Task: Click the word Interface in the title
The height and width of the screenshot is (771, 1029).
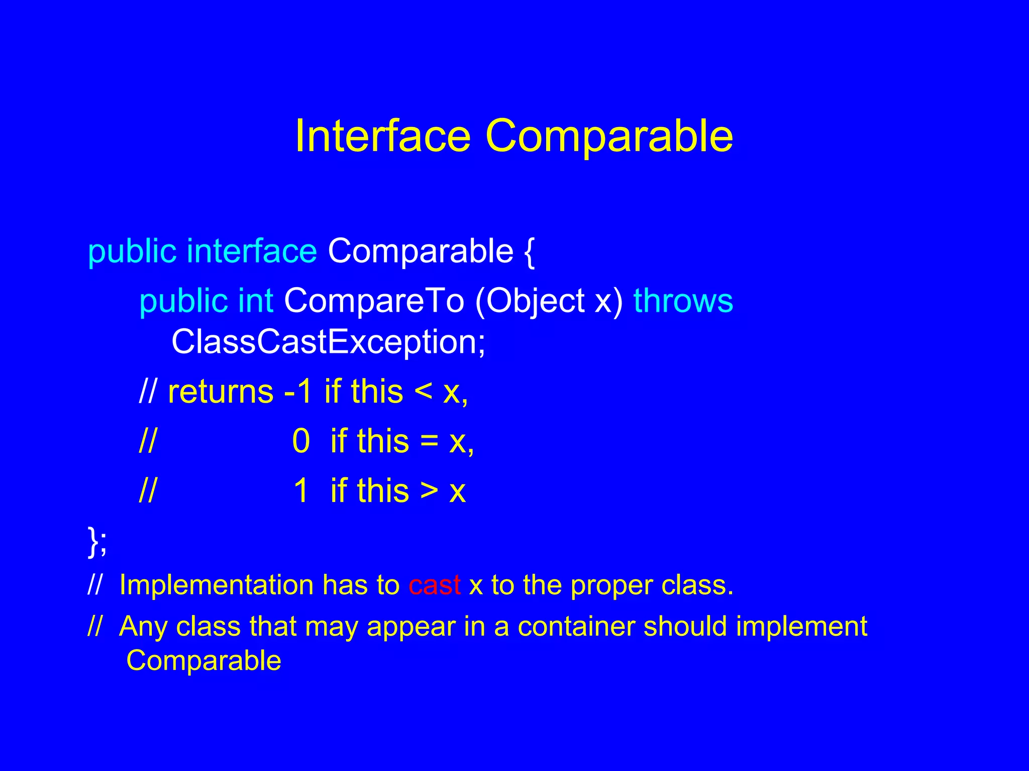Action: click(x=382, y=136)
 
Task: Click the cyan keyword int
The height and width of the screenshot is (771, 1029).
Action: click(x=256, y=301)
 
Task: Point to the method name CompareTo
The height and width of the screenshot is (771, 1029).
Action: click(x=374, y=301)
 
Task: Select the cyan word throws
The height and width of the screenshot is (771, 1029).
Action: click(x=683, y=301)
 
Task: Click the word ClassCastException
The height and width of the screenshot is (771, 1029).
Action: click(x=328, y=342)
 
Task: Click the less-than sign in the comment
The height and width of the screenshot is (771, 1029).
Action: click(x=423, y=392)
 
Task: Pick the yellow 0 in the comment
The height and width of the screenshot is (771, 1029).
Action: click(x=301, y=441)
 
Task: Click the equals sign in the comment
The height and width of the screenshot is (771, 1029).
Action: click(x=429, y=441)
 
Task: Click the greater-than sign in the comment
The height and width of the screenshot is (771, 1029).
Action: click(x=429, y=490)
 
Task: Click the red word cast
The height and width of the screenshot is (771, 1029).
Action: click(x=435, y=585)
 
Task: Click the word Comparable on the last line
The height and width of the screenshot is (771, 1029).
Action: click(x=203, y=661)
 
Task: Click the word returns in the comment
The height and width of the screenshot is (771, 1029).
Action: click(x=221, y=392)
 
